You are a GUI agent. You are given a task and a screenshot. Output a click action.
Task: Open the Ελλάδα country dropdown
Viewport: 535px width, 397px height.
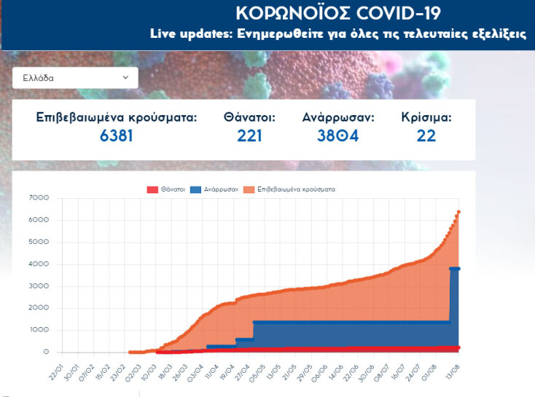point(74,77)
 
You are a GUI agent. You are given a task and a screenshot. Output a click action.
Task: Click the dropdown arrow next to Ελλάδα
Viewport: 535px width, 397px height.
point(125,77)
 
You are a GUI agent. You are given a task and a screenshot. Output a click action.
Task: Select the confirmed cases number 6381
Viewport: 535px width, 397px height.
point(117,135)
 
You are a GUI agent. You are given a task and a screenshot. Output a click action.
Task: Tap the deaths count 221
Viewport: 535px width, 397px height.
point(249,135)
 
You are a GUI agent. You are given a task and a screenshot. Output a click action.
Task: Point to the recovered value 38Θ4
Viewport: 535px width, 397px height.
point(337,135)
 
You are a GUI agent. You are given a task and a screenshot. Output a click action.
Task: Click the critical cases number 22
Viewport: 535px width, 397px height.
point(426,135)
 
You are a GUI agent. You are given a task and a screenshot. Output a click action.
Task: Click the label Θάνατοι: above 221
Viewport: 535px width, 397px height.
point(249,117)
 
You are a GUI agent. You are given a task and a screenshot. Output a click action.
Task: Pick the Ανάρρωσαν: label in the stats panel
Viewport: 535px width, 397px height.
point(337,117)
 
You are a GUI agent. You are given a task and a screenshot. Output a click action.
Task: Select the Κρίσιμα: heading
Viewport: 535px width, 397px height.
point(426,117)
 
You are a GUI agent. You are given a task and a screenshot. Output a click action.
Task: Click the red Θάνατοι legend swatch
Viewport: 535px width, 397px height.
point(152,189)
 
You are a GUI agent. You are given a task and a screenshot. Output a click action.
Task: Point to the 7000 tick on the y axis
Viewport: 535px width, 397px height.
point(39,198)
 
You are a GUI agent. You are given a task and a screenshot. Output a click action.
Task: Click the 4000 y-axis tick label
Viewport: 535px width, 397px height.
point(39,264)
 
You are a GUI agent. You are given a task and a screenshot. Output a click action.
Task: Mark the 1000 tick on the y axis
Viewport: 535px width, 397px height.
point(39,331)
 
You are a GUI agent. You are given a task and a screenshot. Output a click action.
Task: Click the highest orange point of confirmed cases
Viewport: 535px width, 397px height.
point(458,212)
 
